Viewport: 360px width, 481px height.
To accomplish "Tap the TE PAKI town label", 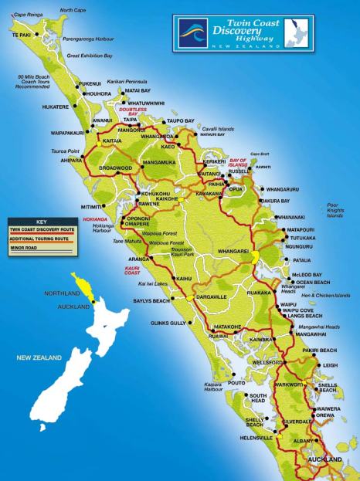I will [x=22, y=36].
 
